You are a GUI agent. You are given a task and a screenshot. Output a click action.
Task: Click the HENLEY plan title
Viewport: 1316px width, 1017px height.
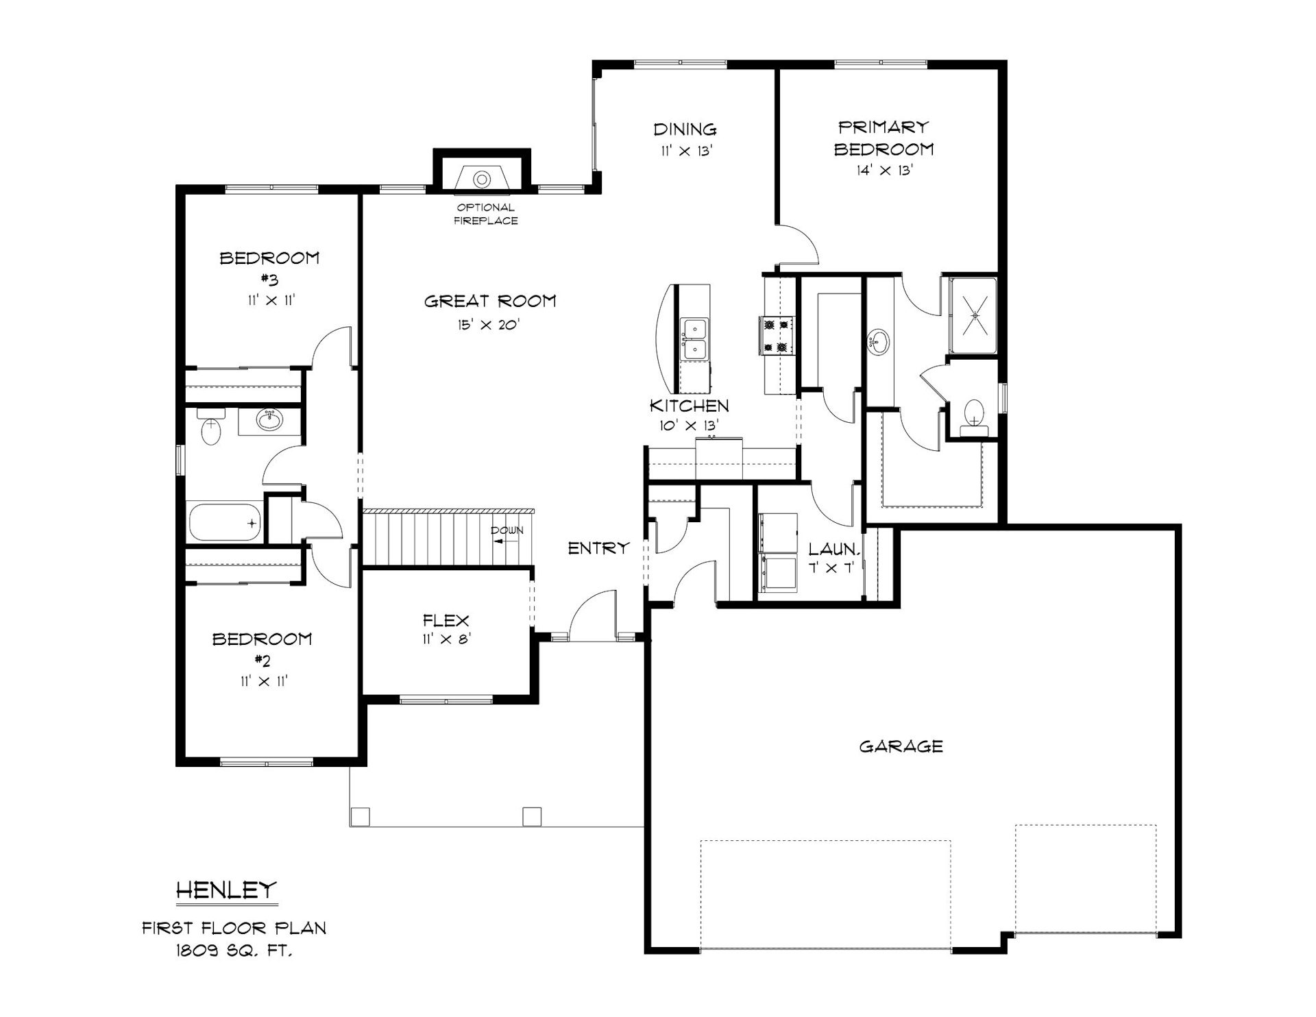click(x=227, y=890)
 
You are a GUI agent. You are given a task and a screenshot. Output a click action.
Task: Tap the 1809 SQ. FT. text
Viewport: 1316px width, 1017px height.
click(x=234, y=951)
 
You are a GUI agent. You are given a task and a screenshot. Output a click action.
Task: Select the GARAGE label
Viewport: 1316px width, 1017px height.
click(x=901, y=746)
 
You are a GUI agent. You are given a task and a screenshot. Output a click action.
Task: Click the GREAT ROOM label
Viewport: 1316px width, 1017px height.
click(x=490, y=301)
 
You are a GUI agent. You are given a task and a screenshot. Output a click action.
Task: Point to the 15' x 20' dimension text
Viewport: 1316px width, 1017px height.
click(x=489, y=325)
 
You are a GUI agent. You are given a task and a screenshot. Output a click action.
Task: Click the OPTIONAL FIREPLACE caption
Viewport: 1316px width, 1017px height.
click(x=485, y=214)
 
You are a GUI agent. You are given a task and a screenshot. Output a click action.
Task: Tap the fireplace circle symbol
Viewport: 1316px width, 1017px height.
click(x=482, y=180)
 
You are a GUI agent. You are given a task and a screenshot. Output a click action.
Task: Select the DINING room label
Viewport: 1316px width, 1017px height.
click(x=685, y=129)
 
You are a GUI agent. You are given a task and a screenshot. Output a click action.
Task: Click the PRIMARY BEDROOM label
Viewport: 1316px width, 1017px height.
click(x=884, y=138)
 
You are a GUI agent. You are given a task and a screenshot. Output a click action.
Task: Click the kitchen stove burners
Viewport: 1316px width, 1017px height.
click(x=776, y=335)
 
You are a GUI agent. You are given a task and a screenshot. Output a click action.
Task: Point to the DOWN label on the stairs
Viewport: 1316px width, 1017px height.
click(x=507, y=530)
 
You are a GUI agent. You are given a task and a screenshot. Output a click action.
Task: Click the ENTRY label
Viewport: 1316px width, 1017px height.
click(x=598, y=548)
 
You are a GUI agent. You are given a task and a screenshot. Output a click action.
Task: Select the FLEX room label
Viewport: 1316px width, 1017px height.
click(x=446, y=621)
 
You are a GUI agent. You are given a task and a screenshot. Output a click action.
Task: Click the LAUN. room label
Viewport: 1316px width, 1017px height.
click(x=833, y=549)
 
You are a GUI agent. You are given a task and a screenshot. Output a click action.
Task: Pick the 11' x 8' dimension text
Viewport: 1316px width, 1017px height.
click(x=447, y=641)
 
